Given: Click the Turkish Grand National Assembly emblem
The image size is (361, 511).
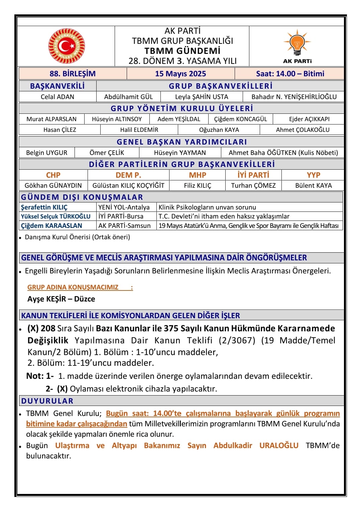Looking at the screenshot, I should (67, 46).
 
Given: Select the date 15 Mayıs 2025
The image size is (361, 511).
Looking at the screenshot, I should (180, 74).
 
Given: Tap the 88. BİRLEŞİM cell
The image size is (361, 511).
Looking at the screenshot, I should (73, 74).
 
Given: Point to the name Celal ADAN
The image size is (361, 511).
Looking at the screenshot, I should (57, 97).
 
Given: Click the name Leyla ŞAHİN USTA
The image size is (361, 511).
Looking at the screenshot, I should (202, 97).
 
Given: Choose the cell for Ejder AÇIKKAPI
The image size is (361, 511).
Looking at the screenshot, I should (309, 119).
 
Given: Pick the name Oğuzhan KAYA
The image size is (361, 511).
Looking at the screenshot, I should (219, 130).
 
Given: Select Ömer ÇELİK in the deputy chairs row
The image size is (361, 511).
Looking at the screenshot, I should (107, 153).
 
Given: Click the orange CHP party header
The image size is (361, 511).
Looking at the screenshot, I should (53, 175).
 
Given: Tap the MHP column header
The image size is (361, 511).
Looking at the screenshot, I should (198, 175).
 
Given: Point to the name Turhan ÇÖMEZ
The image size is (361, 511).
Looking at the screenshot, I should (253, 185).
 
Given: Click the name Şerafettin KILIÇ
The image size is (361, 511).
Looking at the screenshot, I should (44, 207).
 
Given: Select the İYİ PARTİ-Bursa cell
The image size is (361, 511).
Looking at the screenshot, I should (121, 216).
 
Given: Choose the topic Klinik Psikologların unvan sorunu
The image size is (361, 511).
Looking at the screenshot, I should (207, 207).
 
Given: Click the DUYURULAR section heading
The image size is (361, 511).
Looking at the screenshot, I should (47, 401).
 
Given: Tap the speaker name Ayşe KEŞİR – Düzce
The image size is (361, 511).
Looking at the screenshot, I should (61, 299).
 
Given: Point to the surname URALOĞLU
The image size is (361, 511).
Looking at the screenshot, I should (279, 445).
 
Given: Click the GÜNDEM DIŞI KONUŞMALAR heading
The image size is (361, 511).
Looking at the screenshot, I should (82, 197).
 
